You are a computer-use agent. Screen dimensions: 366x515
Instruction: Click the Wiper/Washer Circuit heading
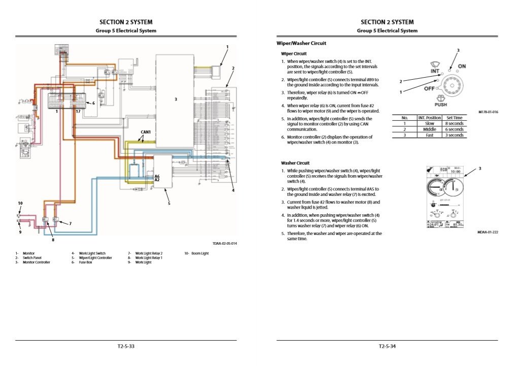click(x=301, y=44)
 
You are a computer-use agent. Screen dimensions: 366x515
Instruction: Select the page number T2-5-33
click(x=126, y=347)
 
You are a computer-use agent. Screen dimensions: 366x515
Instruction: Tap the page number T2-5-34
click(x=387, y=347)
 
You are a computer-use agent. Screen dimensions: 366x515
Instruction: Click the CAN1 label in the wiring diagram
click(x=146, y=132)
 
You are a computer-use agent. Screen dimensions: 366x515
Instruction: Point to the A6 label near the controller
click(x=157, y=176)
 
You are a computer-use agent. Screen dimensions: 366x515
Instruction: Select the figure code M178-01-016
click(x=488, y=112)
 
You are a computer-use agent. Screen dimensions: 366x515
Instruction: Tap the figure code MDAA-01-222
click(x=488, y=232)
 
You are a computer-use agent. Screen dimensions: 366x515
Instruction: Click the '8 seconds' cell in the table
click(x=454, y=123)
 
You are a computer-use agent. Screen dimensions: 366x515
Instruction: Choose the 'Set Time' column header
click(x=454, y=118)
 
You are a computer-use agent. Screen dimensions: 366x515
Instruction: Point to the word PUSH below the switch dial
click(x=440, y=105)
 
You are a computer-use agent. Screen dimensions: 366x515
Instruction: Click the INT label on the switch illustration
click(x=435, y=72)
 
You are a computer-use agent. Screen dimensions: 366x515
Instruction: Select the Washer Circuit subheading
click(x=295, y=163)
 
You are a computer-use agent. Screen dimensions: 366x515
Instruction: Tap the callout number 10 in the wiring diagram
click(x=20, y=203)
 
